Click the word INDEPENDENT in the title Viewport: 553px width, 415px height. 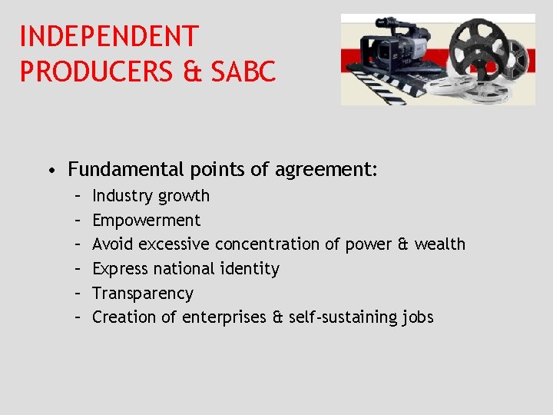click(109, 36)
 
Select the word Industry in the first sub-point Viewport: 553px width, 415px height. click(121, 196)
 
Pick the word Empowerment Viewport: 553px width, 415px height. click(146, 221)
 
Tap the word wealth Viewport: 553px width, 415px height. click(439, 244)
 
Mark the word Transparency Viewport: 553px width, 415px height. click(143, 294)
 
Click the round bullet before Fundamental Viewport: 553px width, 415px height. click(49, 170)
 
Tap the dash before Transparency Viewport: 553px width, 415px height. click(78, 294)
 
